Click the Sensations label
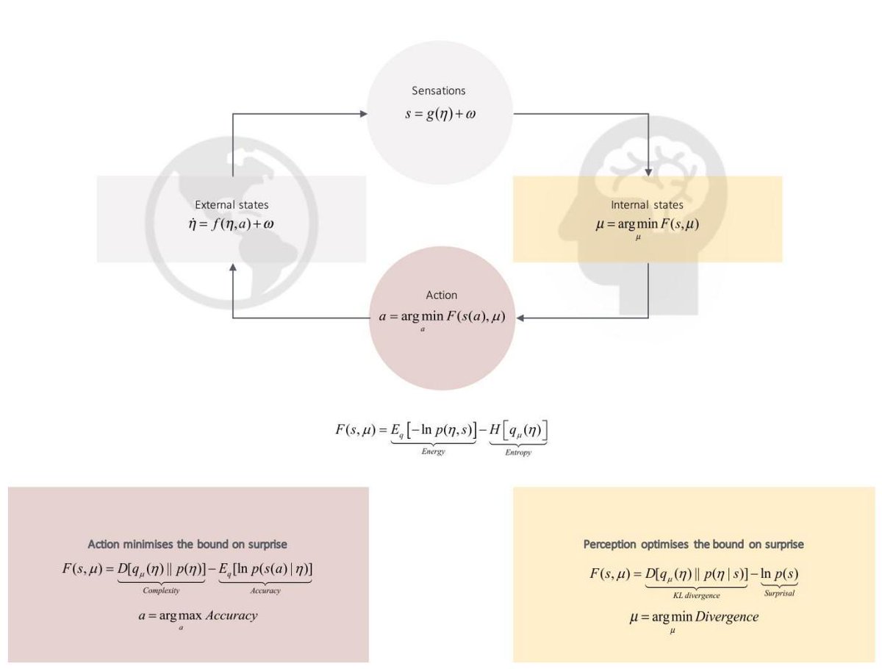[439, 91]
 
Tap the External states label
[232, 205]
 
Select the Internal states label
[647, 205]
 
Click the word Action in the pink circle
[441, 296]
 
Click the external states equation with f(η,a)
[232, 223]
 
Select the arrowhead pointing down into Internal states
[648, 172]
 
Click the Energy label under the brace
[433, 452]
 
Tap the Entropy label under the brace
[518, 453]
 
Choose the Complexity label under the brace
[161, 590]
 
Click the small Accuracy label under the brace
[265, 590]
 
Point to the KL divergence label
[696, 595]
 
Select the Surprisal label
[778, 593]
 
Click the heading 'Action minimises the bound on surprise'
[187, 545]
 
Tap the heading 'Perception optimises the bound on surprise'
[693, 545]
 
